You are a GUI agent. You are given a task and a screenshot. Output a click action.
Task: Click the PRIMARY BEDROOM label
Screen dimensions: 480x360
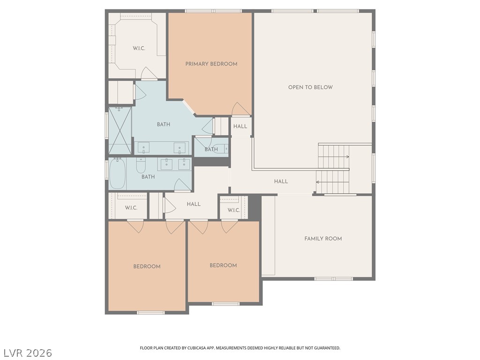[211, 64]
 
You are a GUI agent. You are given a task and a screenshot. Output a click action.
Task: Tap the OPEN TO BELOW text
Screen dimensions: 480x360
[310, 87]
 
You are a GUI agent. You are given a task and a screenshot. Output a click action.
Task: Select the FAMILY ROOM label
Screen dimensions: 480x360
[323, 239]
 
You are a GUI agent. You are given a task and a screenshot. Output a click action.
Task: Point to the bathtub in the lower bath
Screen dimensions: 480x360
[118, 173]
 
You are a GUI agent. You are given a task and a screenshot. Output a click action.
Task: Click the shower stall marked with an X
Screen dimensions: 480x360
[120, 130]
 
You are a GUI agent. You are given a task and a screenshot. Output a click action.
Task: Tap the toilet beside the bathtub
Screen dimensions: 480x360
[141, 165]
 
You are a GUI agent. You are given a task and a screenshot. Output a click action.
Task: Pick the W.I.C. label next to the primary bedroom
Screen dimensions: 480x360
[139, 48]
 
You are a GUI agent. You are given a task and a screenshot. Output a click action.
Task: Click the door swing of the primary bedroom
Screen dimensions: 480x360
[241, 109]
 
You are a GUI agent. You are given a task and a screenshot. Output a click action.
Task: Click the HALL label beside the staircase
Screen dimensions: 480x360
[281, 181]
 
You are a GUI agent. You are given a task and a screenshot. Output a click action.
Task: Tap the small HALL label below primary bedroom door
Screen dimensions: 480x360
[240, 126]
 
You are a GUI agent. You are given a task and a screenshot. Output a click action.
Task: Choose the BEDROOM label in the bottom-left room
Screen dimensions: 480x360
[147, 266]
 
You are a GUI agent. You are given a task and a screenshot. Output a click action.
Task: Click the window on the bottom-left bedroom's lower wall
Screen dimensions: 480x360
[150, 313]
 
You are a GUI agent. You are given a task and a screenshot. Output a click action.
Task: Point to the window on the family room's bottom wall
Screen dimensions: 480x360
[333, 278]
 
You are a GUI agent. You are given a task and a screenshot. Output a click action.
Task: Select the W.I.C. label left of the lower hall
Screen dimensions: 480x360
[131, 208]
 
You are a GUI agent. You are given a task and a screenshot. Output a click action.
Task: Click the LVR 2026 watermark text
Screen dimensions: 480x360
[28, 352]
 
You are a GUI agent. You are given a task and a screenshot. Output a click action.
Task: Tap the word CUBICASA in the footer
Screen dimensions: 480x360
[198, 348]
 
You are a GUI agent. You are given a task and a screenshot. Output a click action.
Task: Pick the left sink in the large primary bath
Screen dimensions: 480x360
[143, 148]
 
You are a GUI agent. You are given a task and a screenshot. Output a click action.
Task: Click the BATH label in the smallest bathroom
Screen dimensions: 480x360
[211, 150]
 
